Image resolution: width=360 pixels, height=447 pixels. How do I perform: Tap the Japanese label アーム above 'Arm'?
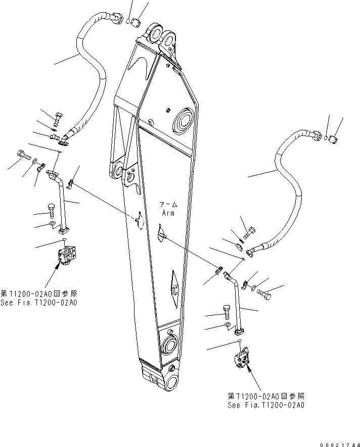click(x=168, y=205)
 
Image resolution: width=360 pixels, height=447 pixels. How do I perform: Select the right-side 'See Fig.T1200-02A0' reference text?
click(x=266, y=405)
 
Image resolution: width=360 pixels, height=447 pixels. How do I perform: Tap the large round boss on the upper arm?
click(x=184, y=123)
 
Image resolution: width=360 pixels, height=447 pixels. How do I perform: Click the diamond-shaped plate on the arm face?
click(x=173, y=289)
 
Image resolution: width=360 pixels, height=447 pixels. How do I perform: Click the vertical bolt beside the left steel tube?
click(x=52, y=210)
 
